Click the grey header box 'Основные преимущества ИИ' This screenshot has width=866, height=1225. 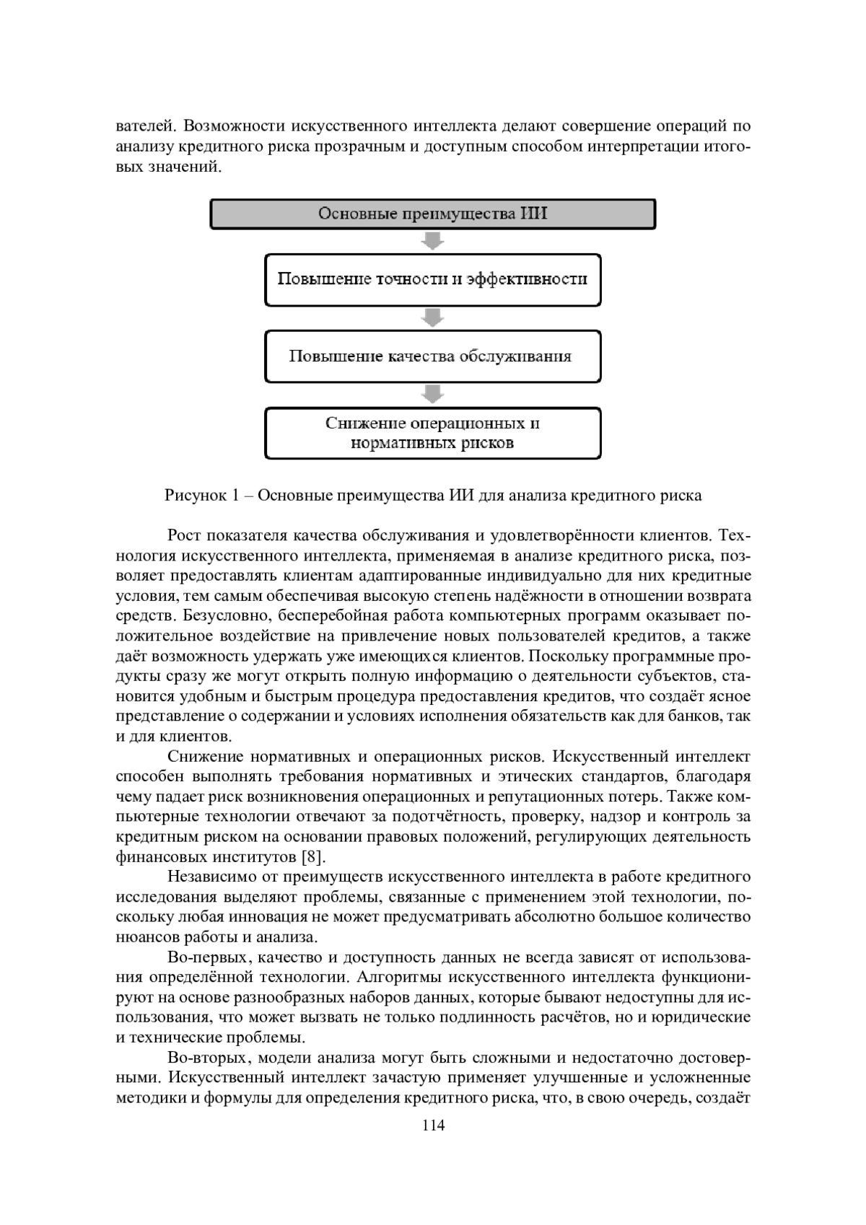click(x=433, y=214)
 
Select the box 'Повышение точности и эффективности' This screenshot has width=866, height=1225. click(x=433, y=279)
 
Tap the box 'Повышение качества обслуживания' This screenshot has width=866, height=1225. click(x=433, y=356)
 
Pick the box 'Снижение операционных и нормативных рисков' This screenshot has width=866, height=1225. click(x=433, y=433)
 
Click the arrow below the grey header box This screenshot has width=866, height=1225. click(x=433, y=241)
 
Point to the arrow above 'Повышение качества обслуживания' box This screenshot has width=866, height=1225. click(x=433, y=317)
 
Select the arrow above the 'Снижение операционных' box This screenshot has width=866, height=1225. click(x=433, y=394)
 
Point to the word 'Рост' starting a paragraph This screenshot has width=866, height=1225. click(x=183, y=536)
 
